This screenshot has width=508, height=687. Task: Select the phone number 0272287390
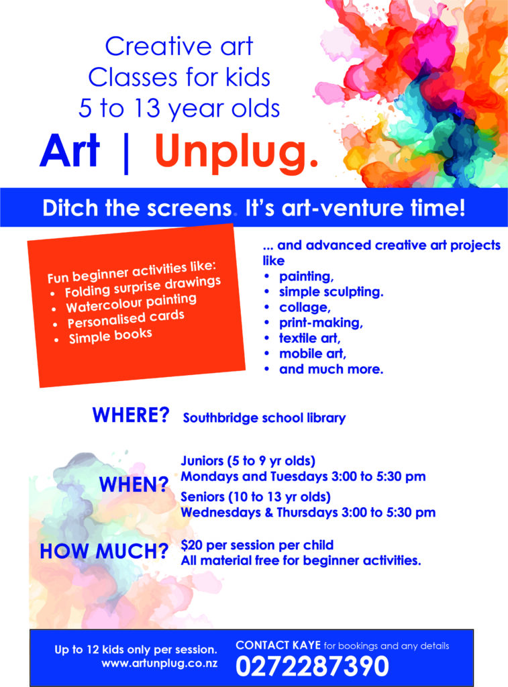[312, 666]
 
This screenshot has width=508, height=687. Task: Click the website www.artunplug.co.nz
[159, 664]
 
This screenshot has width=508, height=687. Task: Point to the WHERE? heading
[131, 415]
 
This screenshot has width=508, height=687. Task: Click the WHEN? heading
[134, 484]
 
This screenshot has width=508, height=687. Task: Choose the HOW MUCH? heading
[104, 552]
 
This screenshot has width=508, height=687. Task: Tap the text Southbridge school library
[264, 418]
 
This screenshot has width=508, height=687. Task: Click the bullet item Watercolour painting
[131, 303]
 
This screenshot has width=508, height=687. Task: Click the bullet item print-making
[320, 323]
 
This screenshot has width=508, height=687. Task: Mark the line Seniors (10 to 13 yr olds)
[254, 497]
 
